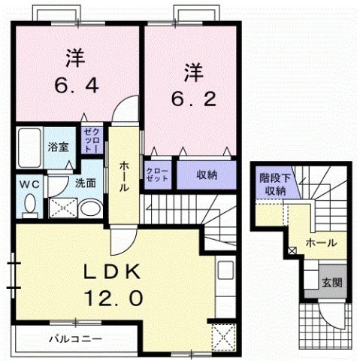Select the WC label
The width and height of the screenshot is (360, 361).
pos(29,182)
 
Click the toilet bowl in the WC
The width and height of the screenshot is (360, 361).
pos(30,203)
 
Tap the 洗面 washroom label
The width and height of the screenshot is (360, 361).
pos(84,183)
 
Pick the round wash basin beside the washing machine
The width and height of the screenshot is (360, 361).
pos(89,208)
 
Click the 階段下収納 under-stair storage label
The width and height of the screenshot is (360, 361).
pos(274,184)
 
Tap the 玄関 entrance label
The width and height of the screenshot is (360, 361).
pos(332,283)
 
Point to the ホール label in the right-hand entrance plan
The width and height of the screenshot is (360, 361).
pos(320,243)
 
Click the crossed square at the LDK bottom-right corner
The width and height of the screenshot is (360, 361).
pos(222,335)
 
